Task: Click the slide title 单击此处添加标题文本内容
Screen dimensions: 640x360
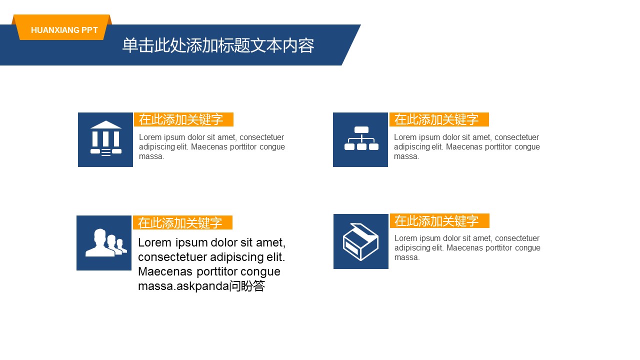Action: coord(218,45)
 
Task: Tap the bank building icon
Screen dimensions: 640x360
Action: coord(105,138)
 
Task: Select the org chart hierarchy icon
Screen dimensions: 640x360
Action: coord(361,138)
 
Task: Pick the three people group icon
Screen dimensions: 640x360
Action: coord(106,242)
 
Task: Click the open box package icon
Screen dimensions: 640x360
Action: coord(360,241)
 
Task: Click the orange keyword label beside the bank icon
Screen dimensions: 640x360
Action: coord(183,119)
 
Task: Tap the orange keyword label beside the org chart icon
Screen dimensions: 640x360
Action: coord(439,119)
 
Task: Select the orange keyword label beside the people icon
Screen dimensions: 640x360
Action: coord(182,222)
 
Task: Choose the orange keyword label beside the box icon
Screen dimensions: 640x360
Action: coord(439,221)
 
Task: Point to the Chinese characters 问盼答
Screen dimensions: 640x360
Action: coord(247,286)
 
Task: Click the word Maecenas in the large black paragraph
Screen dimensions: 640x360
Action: coord(165,271)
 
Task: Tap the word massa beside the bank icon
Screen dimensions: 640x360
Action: coord(151,156)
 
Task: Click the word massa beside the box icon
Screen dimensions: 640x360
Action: coord(407,257)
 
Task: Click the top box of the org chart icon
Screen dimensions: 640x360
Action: coord(361,129)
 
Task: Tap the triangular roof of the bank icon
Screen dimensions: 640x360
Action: coord(106,124)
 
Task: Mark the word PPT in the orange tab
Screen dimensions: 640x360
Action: coord(89,30)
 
